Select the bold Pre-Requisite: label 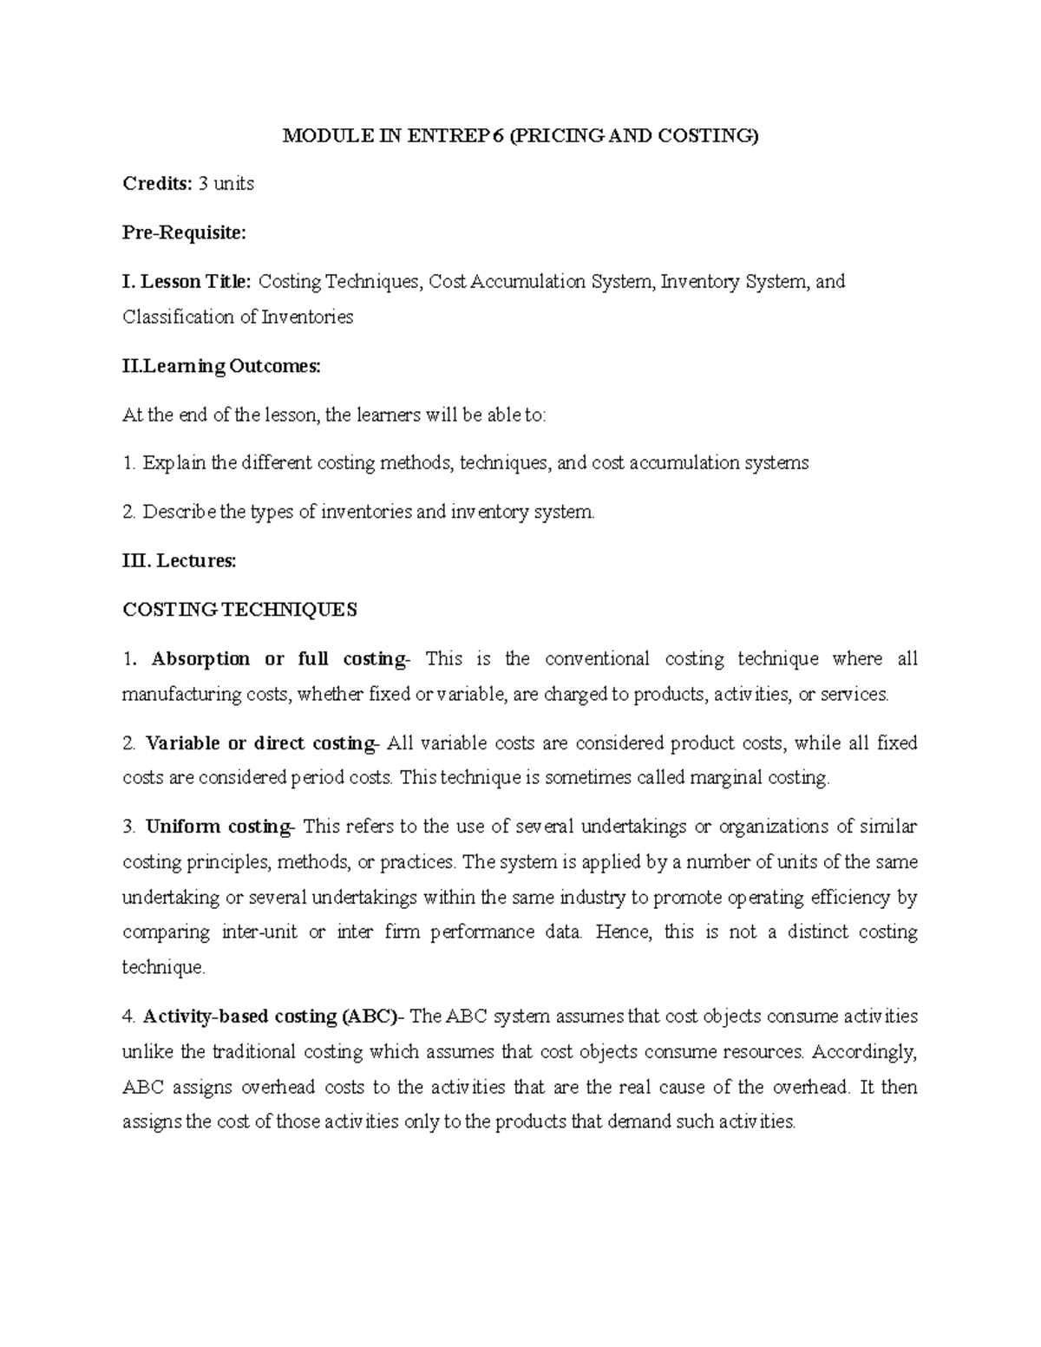click(x=185, y=232)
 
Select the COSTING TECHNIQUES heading click(x=239, y=610)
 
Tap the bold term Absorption click(x=200, y=659)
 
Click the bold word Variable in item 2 click(x=183, y=743)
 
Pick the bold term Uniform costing click(x=219, y=827)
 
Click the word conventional click(x=597, y=659)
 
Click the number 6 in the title click(x=497, y=136)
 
